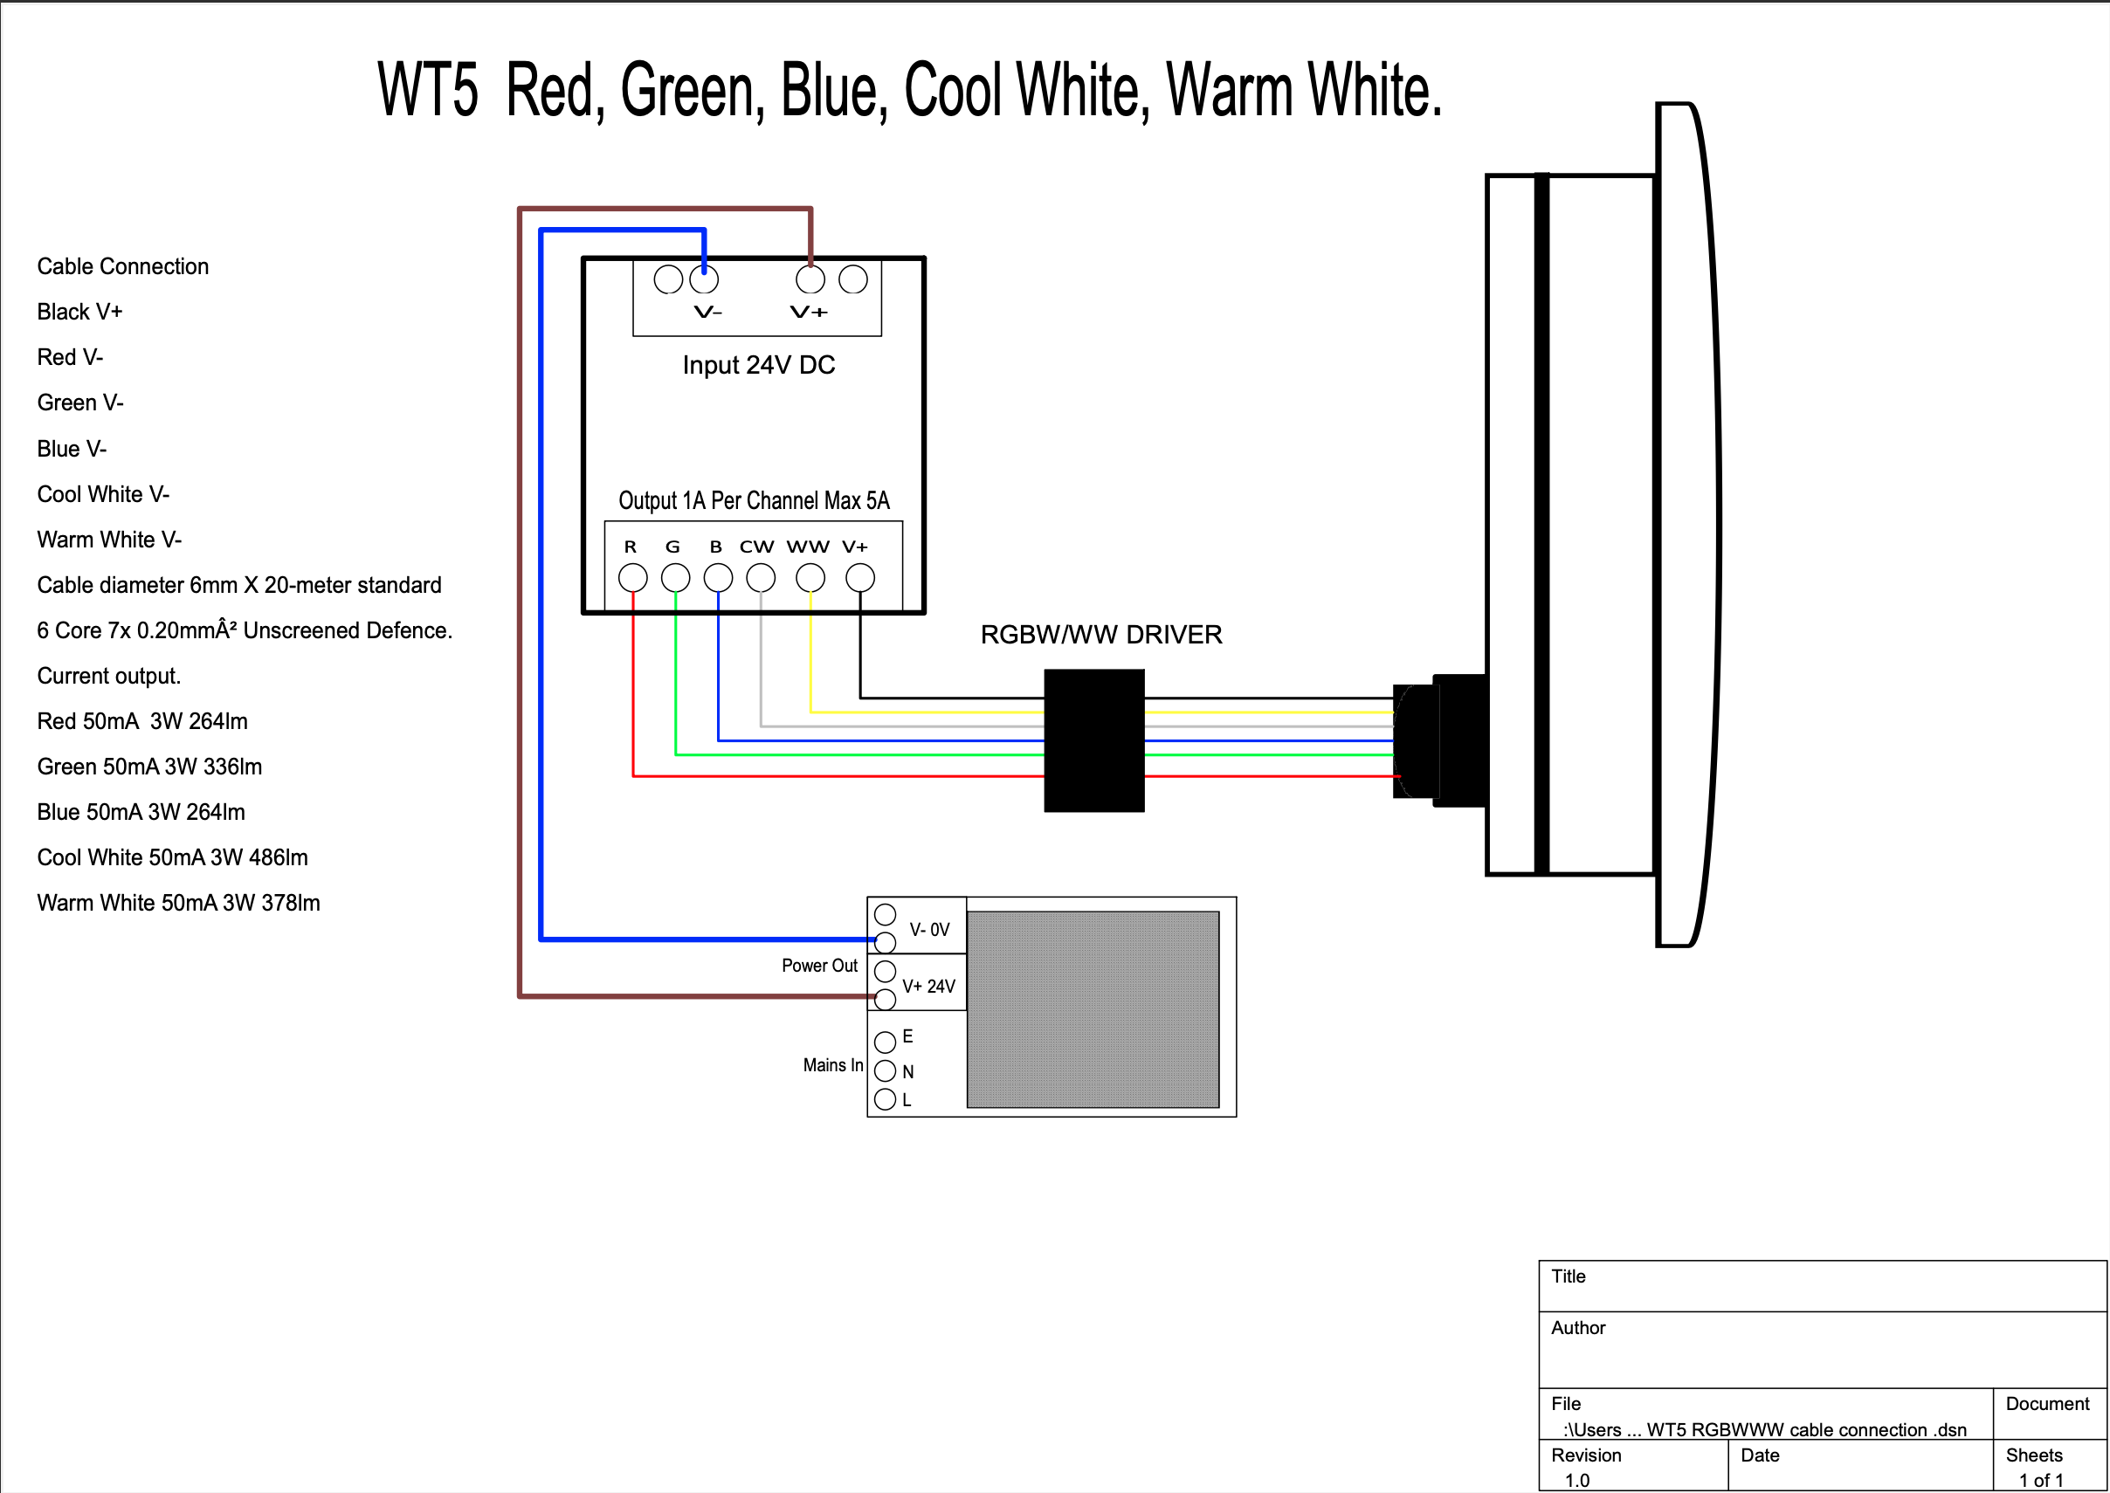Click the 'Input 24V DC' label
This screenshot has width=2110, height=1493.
758,365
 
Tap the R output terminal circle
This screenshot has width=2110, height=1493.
632,577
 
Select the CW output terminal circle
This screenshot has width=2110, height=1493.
761,577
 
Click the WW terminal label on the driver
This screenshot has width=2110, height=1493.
807,547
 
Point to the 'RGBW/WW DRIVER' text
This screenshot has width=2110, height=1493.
1100,635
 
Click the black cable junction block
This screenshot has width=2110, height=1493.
1093,740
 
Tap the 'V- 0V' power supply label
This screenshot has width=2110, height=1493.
928,930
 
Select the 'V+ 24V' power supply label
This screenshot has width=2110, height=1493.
927,987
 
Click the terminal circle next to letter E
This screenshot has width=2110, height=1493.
885,1042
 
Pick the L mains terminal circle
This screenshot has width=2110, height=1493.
885,1099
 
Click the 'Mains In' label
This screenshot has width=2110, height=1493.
832,1064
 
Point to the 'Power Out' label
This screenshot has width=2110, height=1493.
819,966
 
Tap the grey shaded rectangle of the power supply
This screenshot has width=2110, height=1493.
1093,1009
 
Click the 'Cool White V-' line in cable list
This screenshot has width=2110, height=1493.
103,494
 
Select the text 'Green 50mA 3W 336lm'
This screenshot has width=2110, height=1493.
149,767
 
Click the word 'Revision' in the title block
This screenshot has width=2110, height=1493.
1586,1455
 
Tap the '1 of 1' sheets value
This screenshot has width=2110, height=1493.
2040,1480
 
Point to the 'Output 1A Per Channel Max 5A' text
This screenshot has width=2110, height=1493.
754,501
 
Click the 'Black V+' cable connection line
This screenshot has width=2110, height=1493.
79,312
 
